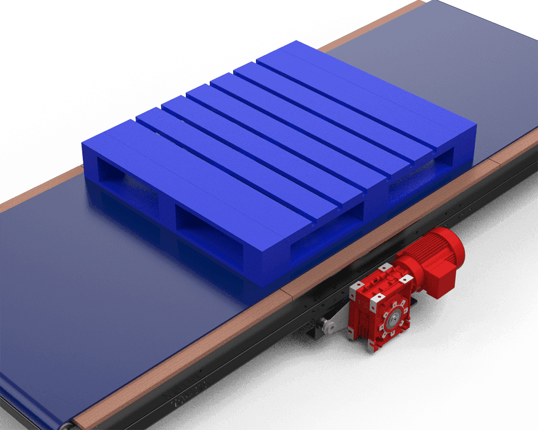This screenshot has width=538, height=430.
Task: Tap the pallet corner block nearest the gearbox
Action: click(276, 265)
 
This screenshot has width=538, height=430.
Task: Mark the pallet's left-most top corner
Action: click(83, 143)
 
